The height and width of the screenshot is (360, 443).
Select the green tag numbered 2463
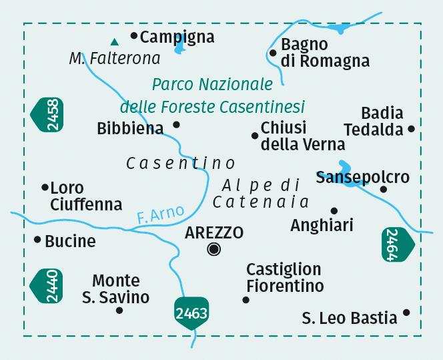pyautogui.click(x=192, y=313)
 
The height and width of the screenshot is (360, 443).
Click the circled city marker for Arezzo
pyautogui.click(x=213, y=250)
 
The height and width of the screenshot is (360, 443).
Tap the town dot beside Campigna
pyautogui.click(x=134, y=35)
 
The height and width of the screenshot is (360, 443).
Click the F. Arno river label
pyautogui.click(x=159, y=215)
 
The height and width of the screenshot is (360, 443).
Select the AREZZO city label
pyautogui.click(x=214, y=232)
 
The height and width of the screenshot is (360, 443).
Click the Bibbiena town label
pyautogui.click(x=130, y=128)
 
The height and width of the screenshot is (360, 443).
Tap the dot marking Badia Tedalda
pyautogui.click(x=412, y=129)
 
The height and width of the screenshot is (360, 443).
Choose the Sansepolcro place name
pyautogui.click(x=362, y=178)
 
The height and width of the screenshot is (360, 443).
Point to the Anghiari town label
pyautogui.click(x=322, y=226)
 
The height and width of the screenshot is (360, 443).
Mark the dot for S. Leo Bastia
pyautogui.click(x=407, y=313)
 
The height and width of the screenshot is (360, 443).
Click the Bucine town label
pyautogui.click(x=70, y=241)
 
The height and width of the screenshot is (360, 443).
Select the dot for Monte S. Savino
pyautogui.click(x=119, y=310)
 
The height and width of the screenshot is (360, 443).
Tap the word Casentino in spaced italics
pyautogui.click(x=180, y=163)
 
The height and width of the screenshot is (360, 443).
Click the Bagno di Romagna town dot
pyautogui.click(x=273, y=53)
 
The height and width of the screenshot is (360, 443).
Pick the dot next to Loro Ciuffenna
pyautogui.click(x=45, y=188)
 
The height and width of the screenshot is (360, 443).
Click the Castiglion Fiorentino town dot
pyautogui.click(x=246, y=300)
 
